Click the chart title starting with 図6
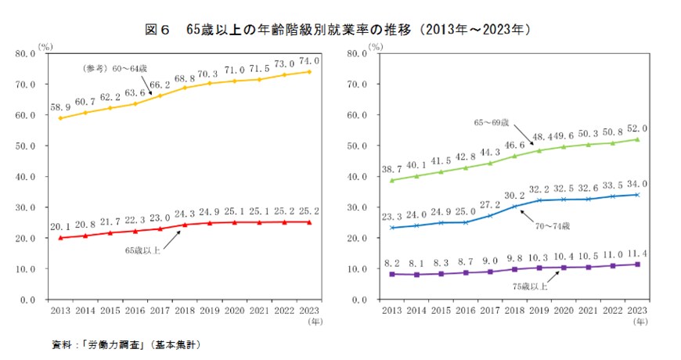(340, 30)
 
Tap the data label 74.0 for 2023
(308, 59)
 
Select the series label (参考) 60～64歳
(114, 68)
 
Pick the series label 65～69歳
(492, 123)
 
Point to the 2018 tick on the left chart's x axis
(185, 311)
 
